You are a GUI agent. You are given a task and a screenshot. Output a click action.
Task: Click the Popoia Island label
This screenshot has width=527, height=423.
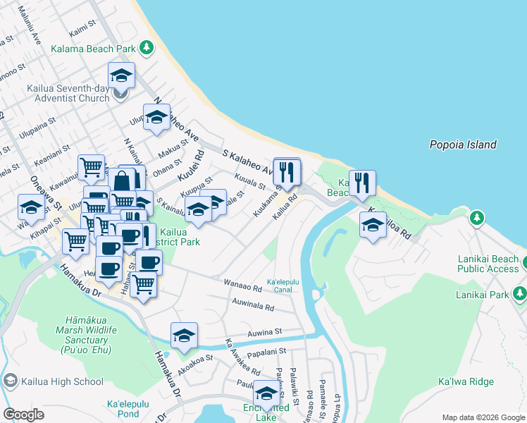pyautogui.click(x=463, y=145)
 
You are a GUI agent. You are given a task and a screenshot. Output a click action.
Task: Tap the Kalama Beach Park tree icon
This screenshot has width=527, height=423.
pyautogui.click(x=146, y=48)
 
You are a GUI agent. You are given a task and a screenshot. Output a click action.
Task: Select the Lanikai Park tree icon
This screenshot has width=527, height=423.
pyautogui.click(x=520, y=292)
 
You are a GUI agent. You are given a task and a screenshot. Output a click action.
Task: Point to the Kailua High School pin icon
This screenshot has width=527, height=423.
pyautogui.click(x=10, y=381)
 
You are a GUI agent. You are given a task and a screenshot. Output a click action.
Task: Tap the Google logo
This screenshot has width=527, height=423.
pyautogui.click(x=24, y=414)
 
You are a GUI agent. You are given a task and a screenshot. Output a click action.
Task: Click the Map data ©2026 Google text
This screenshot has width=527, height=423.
pyautogui.click(x=483, y=417)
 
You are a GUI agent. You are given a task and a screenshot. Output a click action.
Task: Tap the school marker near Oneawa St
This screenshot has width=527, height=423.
pyautogui.click(x=31, y=207)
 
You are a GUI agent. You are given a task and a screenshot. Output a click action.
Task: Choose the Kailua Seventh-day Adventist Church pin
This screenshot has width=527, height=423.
pyautogui.click(x=121, y=98)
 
